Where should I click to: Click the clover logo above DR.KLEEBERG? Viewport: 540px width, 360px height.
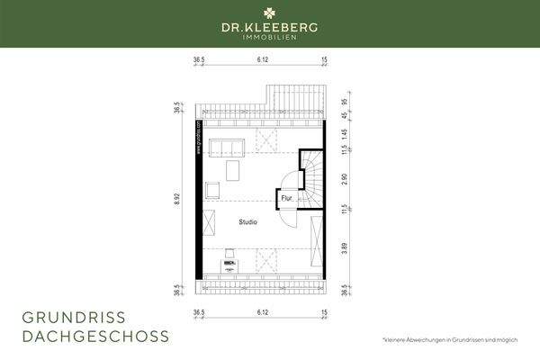pyautogui.click(x=270, y=12)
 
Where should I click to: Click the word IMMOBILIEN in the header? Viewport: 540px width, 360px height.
pyautogui.click(x=270, y=39)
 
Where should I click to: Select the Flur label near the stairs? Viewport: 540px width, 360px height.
pyautogui.click(x=286, y=197)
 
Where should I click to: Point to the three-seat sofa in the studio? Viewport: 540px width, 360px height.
pyautogui.click(x=227, y=148)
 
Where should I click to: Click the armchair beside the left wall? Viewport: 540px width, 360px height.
pyautogui.click(x=213, y=189)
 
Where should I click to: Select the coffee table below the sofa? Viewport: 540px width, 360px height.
pyautogui.click(x=232, y=169)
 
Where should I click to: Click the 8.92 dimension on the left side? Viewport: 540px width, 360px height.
pyautogui.click(x=176, y=197)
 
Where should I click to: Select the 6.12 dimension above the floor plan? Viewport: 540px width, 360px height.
pyautogui.click(x=263, y=61)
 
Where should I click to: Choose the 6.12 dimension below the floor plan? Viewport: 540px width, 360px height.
pyautogui.click(x=263, y=314)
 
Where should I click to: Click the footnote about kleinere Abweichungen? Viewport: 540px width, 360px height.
pyautogui.click(x=450, y=338)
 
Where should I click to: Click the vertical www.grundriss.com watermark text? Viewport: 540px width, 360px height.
pyautogui.click(x=198, y=136)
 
